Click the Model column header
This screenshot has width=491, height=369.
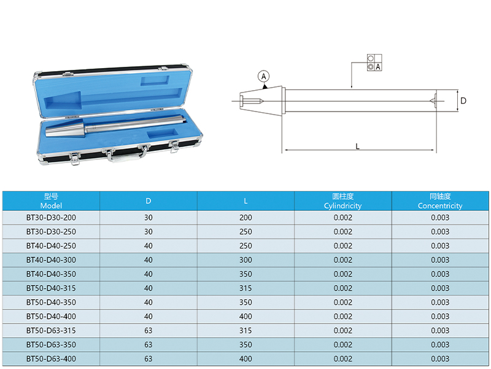coord(51,201)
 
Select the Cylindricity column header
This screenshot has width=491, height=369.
coord(343,201)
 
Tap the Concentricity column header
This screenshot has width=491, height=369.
coord(440,201)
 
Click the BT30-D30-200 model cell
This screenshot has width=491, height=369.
coord(51,218)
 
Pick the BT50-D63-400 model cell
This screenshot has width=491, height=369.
coord(51,359)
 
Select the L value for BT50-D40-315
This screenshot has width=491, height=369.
coord(245,288)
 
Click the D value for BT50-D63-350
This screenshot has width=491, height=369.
coord(149,344)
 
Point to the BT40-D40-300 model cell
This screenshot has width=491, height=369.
coord(51,260)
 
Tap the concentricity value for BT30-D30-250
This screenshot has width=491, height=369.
coord(440,232)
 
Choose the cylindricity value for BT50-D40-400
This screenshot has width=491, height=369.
coord(343,316)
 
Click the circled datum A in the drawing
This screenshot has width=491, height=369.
coord(264,76)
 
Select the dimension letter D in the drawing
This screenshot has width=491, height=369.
coord(463,101)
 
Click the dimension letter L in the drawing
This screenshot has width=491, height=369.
coord(357,146)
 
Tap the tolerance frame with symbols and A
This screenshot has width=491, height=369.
coord(374,63)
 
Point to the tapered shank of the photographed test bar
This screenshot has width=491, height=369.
coord(65,127)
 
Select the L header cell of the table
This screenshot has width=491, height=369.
coord(245,201)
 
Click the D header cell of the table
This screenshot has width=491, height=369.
coord(149,201)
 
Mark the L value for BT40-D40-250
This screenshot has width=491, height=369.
coord(245,246)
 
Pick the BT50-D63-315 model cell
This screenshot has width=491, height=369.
coord(51,330)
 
